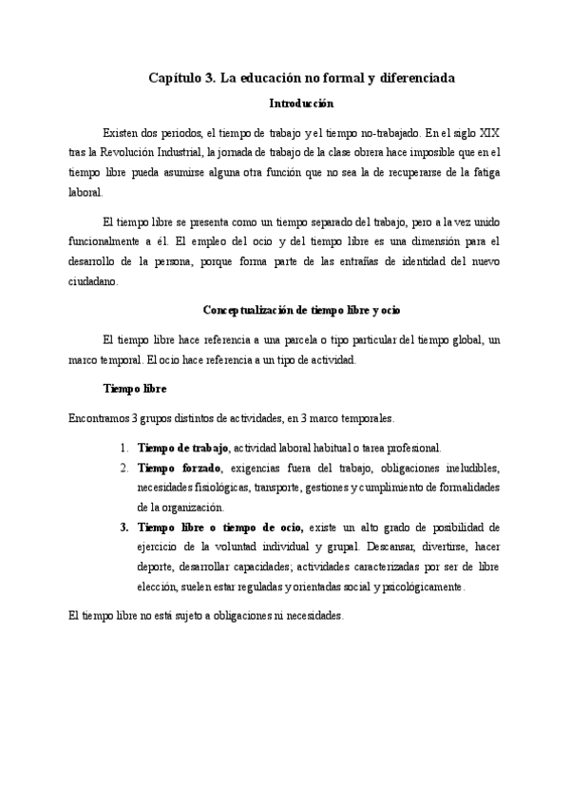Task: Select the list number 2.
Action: point(124,468)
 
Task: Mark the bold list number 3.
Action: point(124,527)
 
